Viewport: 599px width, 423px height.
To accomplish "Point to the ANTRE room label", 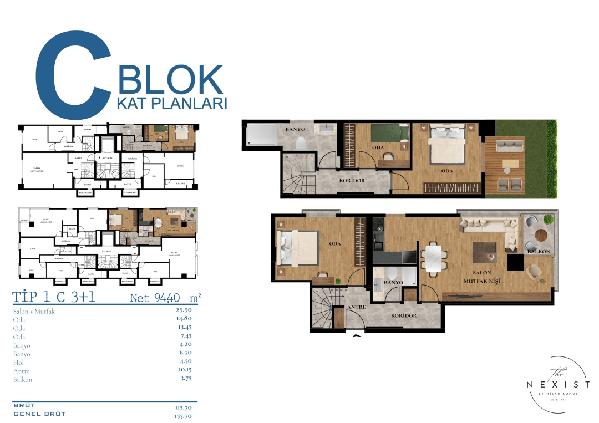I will (x=355, y=307).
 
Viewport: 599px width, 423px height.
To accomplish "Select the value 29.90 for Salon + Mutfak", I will (x=184, y=311).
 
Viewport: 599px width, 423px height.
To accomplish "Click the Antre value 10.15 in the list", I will (x=184, y=371).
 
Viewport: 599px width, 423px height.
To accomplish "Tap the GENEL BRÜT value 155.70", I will (x=183, y=415).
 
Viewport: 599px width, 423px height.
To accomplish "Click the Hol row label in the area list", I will (x=18, y=363).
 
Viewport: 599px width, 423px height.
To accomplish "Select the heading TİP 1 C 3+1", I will (x=54, y=297).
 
